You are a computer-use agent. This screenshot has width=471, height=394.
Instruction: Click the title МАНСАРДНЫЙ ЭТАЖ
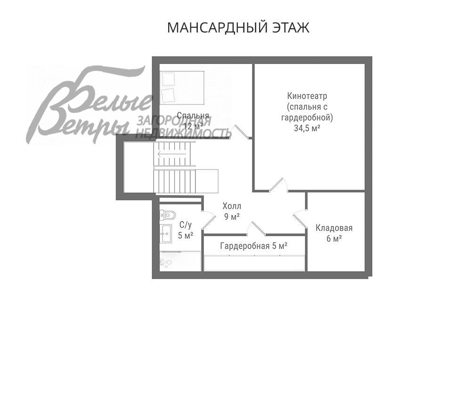(238, 27)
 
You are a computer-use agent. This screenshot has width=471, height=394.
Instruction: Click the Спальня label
(193, 115)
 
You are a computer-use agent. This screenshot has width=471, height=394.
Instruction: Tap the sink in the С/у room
(166, 233)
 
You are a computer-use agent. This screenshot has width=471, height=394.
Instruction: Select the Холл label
(232, 206)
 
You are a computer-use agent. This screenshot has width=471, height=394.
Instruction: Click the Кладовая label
(334, 228)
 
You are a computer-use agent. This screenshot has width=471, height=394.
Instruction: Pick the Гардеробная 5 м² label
(253, 245)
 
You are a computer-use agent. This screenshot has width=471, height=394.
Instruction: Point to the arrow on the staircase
(165, 153)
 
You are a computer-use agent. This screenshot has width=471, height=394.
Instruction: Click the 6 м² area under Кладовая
(334, 239)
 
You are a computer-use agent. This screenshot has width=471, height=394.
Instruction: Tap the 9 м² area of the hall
(232, 217)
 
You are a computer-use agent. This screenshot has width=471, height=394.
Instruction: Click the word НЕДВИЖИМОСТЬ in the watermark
(184, 133)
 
